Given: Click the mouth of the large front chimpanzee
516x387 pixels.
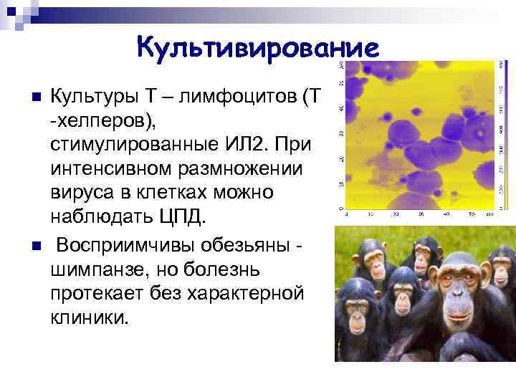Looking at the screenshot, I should [455, 325].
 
